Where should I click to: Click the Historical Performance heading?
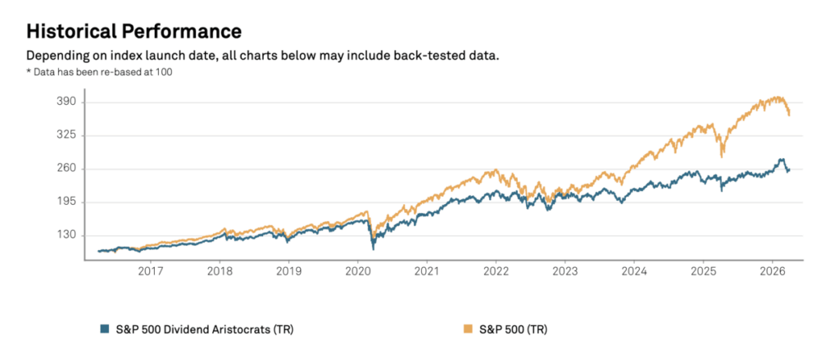click(134, 31)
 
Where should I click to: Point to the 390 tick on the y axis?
click(66, 102)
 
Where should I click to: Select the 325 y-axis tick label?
click(66, 135)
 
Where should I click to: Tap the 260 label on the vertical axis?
click(66, 169)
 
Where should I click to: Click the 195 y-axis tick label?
click(66, 202)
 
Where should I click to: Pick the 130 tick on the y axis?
click(66, 235)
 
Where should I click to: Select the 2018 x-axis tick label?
click(219, 270)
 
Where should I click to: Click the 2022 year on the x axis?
click(496, 270)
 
